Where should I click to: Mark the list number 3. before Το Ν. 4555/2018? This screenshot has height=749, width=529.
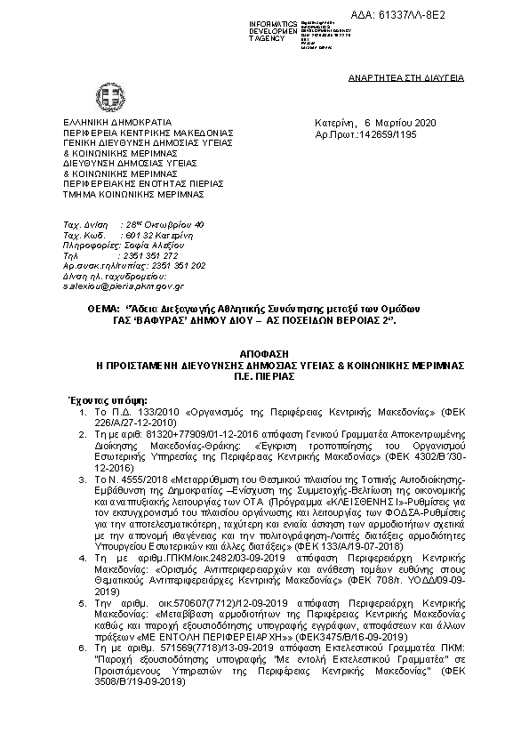[x=79, y=479]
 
